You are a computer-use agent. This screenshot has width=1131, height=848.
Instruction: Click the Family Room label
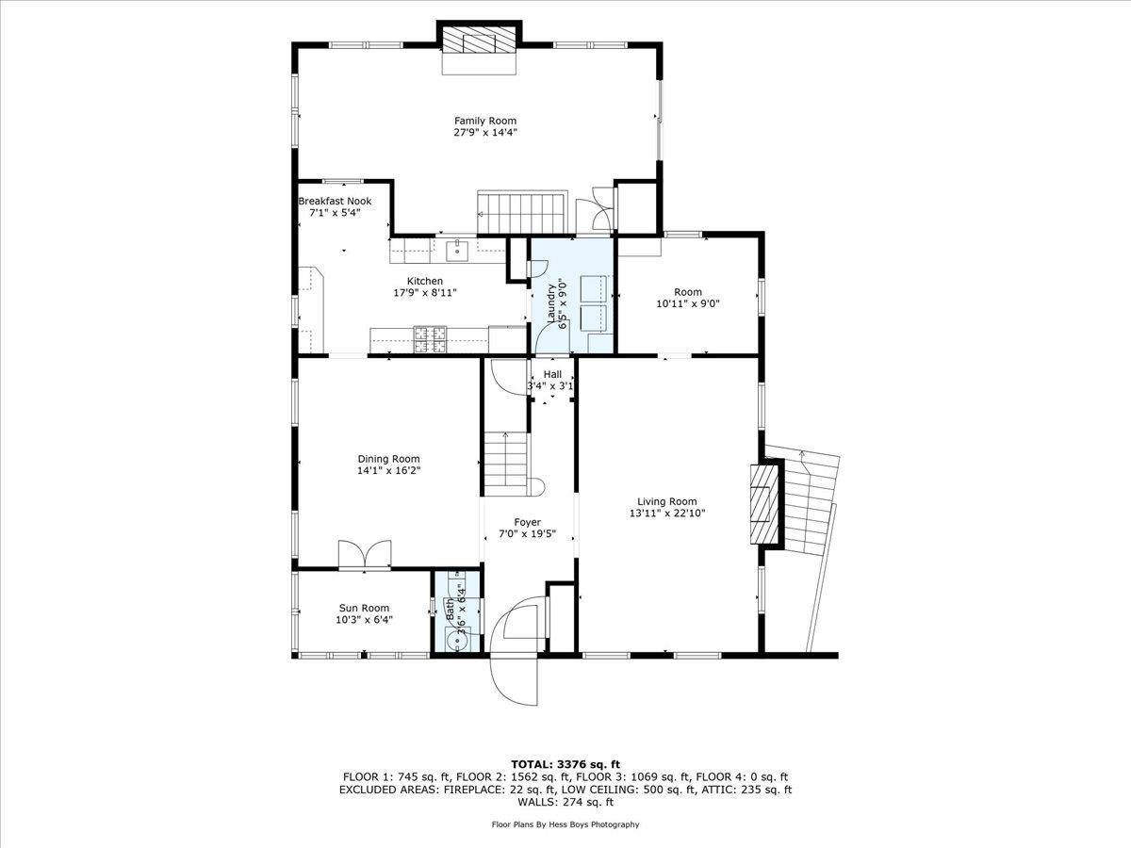(485, 121)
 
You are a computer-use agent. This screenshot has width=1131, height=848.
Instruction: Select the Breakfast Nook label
(335, 201)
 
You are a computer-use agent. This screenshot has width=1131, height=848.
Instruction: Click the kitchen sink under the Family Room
(459, 249)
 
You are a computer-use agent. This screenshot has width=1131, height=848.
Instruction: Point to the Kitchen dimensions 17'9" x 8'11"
(424, 293)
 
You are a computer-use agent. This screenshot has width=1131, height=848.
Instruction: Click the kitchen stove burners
(433, 333)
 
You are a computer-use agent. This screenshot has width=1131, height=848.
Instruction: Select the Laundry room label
(555, 302)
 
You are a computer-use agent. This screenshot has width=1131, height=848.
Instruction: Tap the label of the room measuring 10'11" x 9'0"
(687, 292)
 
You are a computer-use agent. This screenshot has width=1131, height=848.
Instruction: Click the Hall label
(552, 374)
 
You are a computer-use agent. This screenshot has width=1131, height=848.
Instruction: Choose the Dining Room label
(388, 459)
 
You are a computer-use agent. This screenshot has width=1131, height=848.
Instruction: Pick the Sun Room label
(364, 608)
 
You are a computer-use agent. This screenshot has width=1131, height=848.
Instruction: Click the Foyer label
(527, 522)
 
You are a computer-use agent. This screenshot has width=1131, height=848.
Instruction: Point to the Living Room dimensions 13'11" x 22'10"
(666, 514)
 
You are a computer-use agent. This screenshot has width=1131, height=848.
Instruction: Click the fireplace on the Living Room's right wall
(765, 503)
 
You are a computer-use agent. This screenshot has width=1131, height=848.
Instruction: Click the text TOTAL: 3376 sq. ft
(565, 764)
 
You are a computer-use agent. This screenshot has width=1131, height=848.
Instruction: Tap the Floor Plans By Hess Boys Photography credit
(565, 824)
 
